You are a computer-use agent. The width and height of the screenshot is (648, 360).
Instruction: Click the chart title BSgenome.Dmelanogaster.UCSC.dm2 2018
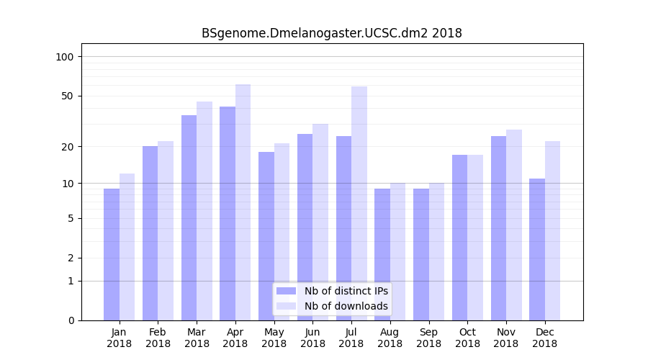click(331, 33)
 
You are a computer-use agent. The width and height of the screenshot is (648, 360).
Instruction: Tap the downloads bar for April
click(243, 202)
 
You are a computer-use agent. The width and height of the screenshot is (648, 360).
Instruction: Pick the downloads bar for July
click(359, 203)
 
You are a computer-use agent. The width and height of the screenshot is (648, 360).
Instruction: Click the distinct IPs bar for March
click(189, 217)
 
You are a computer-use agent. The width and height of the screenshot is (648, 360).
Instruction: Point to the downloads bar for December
click(552, 230)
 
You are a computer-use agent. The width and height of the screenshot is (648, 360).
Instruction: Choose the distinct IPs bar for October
click(459, 238)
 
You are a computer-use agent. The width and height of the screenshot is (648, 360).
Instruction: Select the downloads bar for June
click(320, 222)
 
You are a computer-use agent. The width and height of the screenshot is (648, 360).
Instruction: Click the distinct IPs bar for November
click(498, 228)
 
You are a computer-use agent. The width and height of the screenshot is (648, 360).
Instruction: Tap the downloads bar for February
click(166, 230)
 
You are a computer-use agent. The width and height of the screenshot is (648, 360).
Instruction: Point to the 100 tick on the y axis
click(65, 57)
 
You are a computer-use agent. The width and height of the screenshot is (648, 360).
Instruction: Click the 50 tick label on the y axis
click(68, 96)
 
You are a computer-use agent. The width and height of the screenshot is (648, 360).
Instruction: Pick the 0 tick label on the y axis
click(71, 320)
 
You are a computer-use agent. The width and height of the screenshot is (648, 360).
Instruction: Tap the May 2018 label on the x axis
click(274, 338)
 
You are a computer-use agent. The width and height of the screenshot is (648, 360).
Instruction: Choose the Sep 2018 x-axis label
click(428, 338)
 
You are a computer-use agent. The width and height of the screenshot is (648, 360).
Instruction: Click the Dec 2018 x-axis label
click(544, 338)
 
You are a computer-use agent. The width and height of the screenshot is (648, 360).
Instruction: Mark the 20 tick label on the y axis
click(68, 147)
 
